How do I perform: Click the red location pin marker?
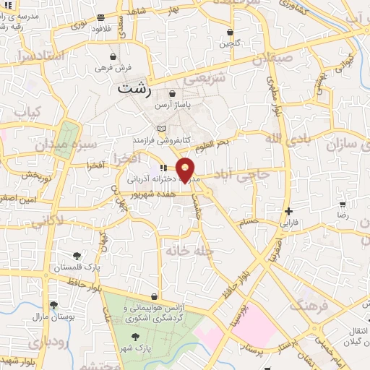(186, 170)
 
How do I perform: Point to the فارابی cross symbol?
(289, 212)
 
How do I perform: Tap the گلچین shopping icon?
(231, 32)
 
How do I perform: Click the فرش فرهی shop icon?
(112, 56)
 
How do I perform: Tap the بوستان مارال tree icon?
(53, 306)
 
